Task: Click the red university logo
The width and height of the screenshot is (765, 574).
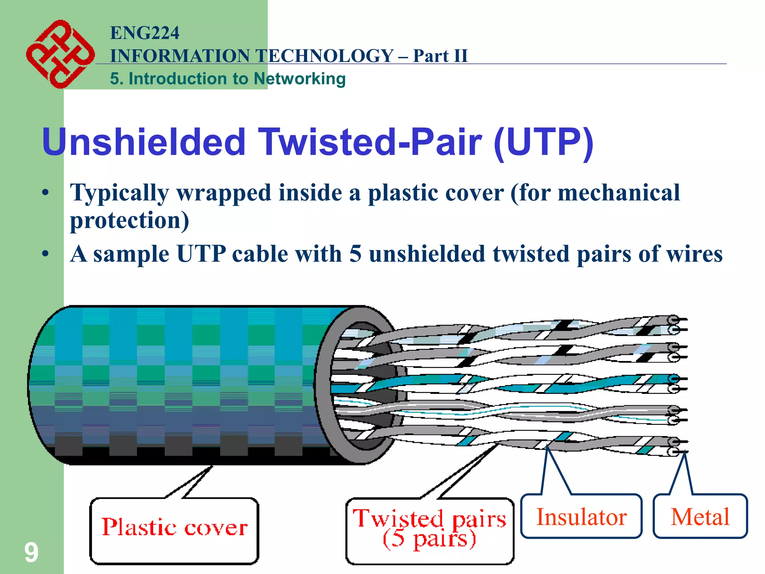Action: tap(60, 55)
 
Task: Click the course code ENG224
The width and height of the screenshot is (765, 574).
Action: tap(145, 33)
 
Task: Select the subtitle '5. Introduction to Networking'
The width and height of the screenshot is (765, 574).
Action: tap(227, 79)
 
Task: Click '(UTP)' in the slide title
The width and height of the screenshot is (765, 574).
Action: tap(543, 142)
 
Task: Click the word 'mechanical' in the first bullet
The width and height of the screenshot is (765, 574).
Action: tap(619, 193)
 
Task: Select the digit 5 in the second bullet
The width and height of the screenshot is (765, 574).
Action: tap(355, 254)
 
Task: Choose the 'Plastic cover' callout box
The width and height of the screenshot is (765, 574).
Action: tap(174, 531)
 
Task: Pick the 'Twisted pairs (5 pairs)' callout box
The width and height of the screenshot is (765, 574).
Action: tap(430, 531)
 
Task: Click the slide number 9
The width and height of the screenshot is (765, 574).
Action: tap(31, 552)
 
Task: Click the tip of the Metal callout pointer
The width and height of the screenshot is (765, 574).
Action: tap(684, 453)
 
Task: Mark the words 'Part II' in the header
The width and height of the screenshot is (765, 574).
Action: tap(440, 56)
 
